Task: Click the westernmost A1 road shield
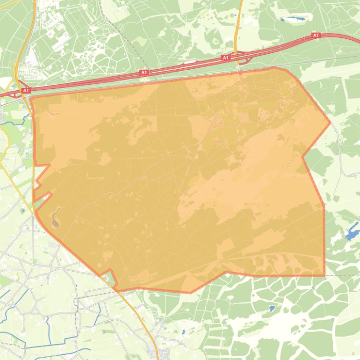pos(26,90)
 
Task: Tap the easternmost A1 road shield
pos(316,35)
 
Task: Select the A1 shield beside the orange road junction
pos(225,58)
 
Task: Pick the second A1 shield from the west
pos(144,72)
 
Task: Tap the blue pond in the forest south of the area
pos(272,308)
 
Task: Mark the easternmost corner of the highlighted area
pos(331,123)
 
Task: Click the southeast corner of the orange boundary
pos(324,275)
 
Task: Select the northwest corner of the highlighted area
pos(31,98)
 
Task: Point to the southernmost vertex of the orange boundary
pos(190,293)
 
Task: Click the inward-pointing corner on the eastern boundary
pos(303,157)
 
